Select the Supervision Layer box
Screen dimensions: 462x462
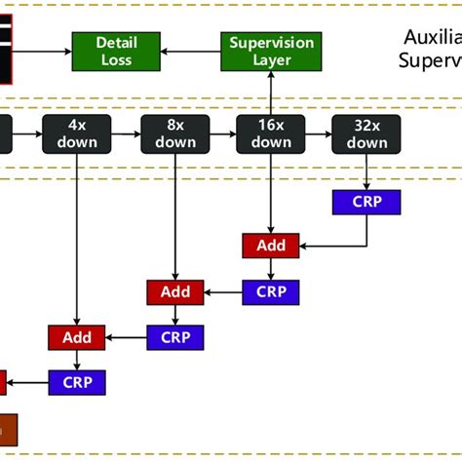point(271,51)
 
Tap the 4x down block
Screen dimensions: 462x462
point(76,134)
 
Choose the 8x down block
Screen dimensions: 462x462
point(175,134)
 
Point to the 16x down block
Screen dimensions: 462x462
point(271,134)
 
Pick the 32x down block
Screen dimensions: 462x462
point(366,134)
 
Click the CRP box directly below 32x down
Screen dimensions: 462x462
point(366,202)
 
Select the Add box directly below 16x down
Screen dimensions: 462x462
point(271,246)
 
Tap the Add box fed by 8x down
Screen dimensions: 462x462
point(175,291)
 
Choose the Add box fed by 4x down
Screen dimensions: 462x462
point(76,337)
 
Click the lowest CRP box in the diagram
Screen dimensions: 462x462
point(76,382)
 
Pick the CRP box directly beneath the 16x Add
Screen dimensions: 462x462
point(271,291)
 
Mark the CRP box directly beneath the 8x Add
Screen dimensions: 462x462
point(175,337)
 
